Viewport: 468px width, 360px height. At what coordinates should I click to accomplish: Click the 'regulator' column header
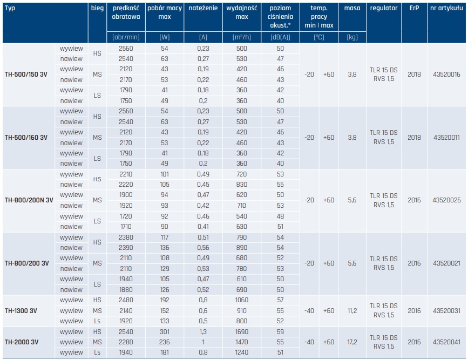pos(384,9)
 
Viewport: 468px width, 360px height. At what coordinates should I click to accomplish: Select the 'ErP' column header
pos(414,9)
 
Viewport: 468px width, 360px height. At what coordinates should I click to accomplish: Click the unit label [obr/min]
pos(126,37)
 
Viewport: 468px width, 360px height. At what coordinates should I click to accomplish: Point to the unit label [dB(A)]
pos(280,37)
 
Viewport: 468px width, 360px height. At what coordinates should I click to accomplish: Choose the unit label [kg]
pos(352,37)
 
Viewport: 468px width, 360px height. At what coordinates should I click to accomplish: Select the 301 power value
pos(165,332)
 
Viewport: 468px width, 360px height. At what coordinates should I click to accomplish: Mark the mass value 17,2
pos(352,342)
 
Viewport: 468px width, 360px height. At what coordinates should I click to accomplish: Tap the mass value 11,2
pos(352,310)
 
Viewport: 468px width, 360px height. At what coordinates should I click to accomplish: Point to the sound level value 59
pos(280,332)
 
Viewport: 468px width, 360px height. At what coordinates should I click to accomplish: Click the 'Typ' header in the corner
pos(10,9)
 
